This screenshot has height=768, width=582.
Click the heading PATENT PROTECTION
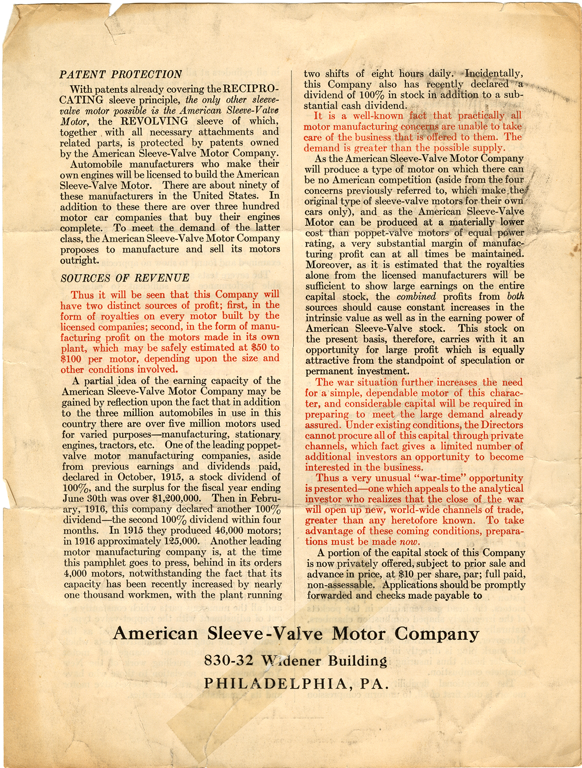point(121,74)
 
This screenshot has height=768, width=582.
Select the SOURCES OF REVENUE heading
point(125,278)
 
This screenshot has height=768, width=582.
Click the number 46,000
point(222,530)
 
